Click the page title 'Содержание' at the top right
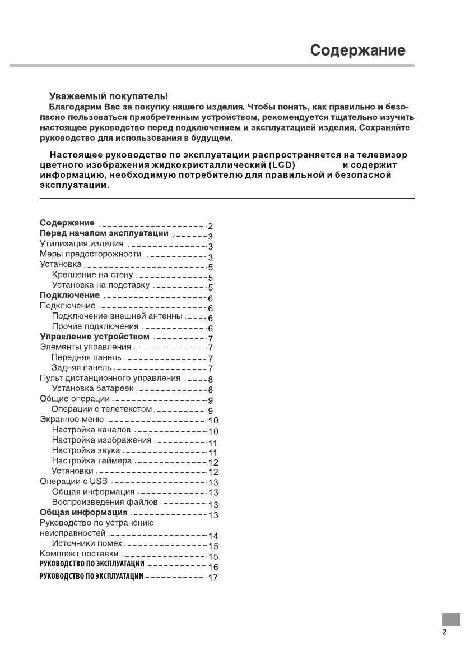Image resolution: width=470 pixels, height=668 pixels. coord(358,50)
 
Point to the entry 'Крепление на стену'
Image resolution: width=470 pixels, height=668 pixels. coord(92,275)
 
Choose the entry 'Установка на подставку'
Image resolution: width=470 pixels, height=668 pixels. coord(100,285)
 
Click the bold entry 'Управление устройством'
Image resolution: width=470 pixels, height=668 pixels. coord(95,337)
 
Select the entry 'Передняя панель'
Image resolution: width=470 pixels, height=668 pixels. coord(86,357)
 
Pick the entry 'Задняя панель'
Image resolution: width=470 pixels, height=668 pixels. coord(82,367)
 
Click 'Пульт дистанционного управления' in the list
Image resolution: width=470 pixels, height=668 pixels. coord(110,378)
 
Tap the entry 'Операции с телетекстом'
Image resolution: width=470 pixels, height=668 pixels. coord(101,409)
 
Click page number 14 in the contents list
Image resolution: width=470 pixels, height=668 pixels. coord(213,536)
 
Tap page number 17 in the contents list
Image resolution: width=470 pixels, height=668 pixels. coord(212,577)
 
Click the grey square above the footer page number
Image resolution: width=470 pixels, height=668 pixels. coord(450,619)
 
